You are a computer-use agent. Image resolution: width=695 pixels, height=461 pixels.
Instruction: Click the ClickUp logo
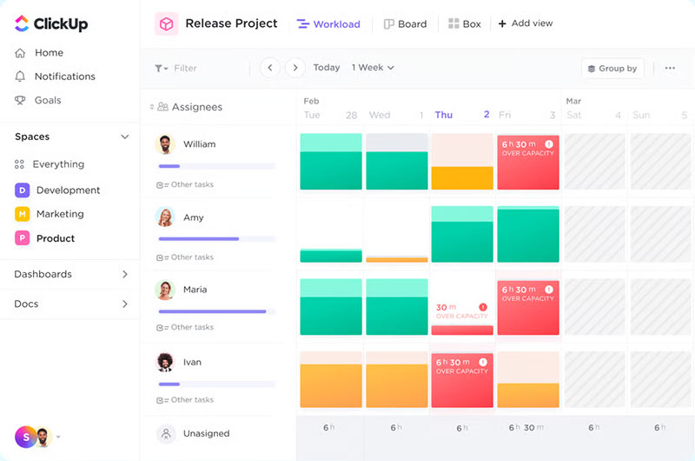click(51, 23)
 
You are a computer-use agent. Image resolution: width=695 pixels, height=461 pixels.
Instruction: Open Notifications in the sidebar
click(64, 77)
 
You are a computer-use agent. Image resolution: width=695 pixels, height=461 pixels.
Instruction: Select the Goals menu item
click(47, 100)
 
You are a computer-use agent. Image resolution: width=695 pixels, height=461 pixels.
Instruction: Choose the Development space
click(68, 190)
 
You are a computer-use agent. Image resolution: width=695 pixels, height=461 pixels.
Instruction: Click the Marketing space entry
click(59, 214)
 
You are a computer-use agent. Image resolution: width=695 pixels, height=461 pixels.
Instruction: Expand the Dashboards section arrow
click(124, 274)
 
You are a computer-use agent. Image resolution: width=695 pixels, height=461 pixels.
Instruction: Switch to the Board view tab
click(405, 24)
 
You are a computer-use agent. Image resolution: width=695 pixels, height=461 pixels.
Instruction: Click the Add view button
click(526, 23)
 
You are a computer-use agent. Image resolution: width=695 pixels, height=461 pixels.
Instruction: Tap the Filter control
click(176, 68)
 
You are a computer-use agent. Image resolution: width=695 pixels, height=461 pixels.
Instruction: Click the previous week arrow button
click(269, 68)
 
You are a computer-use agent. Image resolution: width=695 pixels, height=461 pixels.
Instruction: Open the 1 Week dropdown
click(373, 68)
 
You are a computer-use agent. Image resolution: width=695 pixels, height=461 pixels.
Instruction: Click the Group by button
click(612, 69)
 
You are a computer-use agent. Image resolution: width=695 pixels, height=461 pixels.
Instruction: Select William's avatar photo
click(165, 144)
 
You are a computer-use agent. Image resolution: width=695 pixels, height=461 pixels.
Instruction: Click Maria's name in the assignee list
click(195, 290)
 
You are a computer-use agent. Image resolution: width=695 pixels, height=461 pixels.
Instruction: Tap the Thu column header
click(444, 115)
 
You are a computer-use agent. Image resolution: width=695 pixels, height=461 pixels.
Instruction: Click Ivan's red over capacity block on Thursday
click(462, 380)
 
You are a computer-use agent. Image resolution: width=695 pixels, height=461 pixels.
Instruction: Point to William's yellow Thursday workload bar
click(462, 177)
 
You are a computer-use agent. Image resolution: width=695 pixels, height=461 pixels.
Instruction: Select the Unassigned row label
click(207, 433)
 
